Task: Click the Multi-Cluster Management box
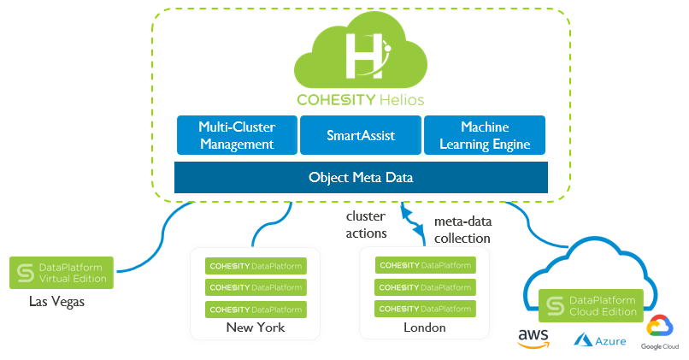coord(237,135)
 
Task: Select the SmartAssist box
coord(359,135)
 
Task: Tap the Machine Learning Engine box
coord(484,135)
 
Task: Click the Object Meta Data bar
coord(360,177)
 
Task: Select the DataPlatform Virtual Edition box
coord(62,273)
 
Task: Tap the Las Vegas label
coord(56,301)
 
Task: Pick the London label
coord(425,328)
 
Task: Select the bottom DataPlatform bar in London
coord(425,308)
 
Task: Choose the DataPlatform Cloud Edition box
coord(592,305)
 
